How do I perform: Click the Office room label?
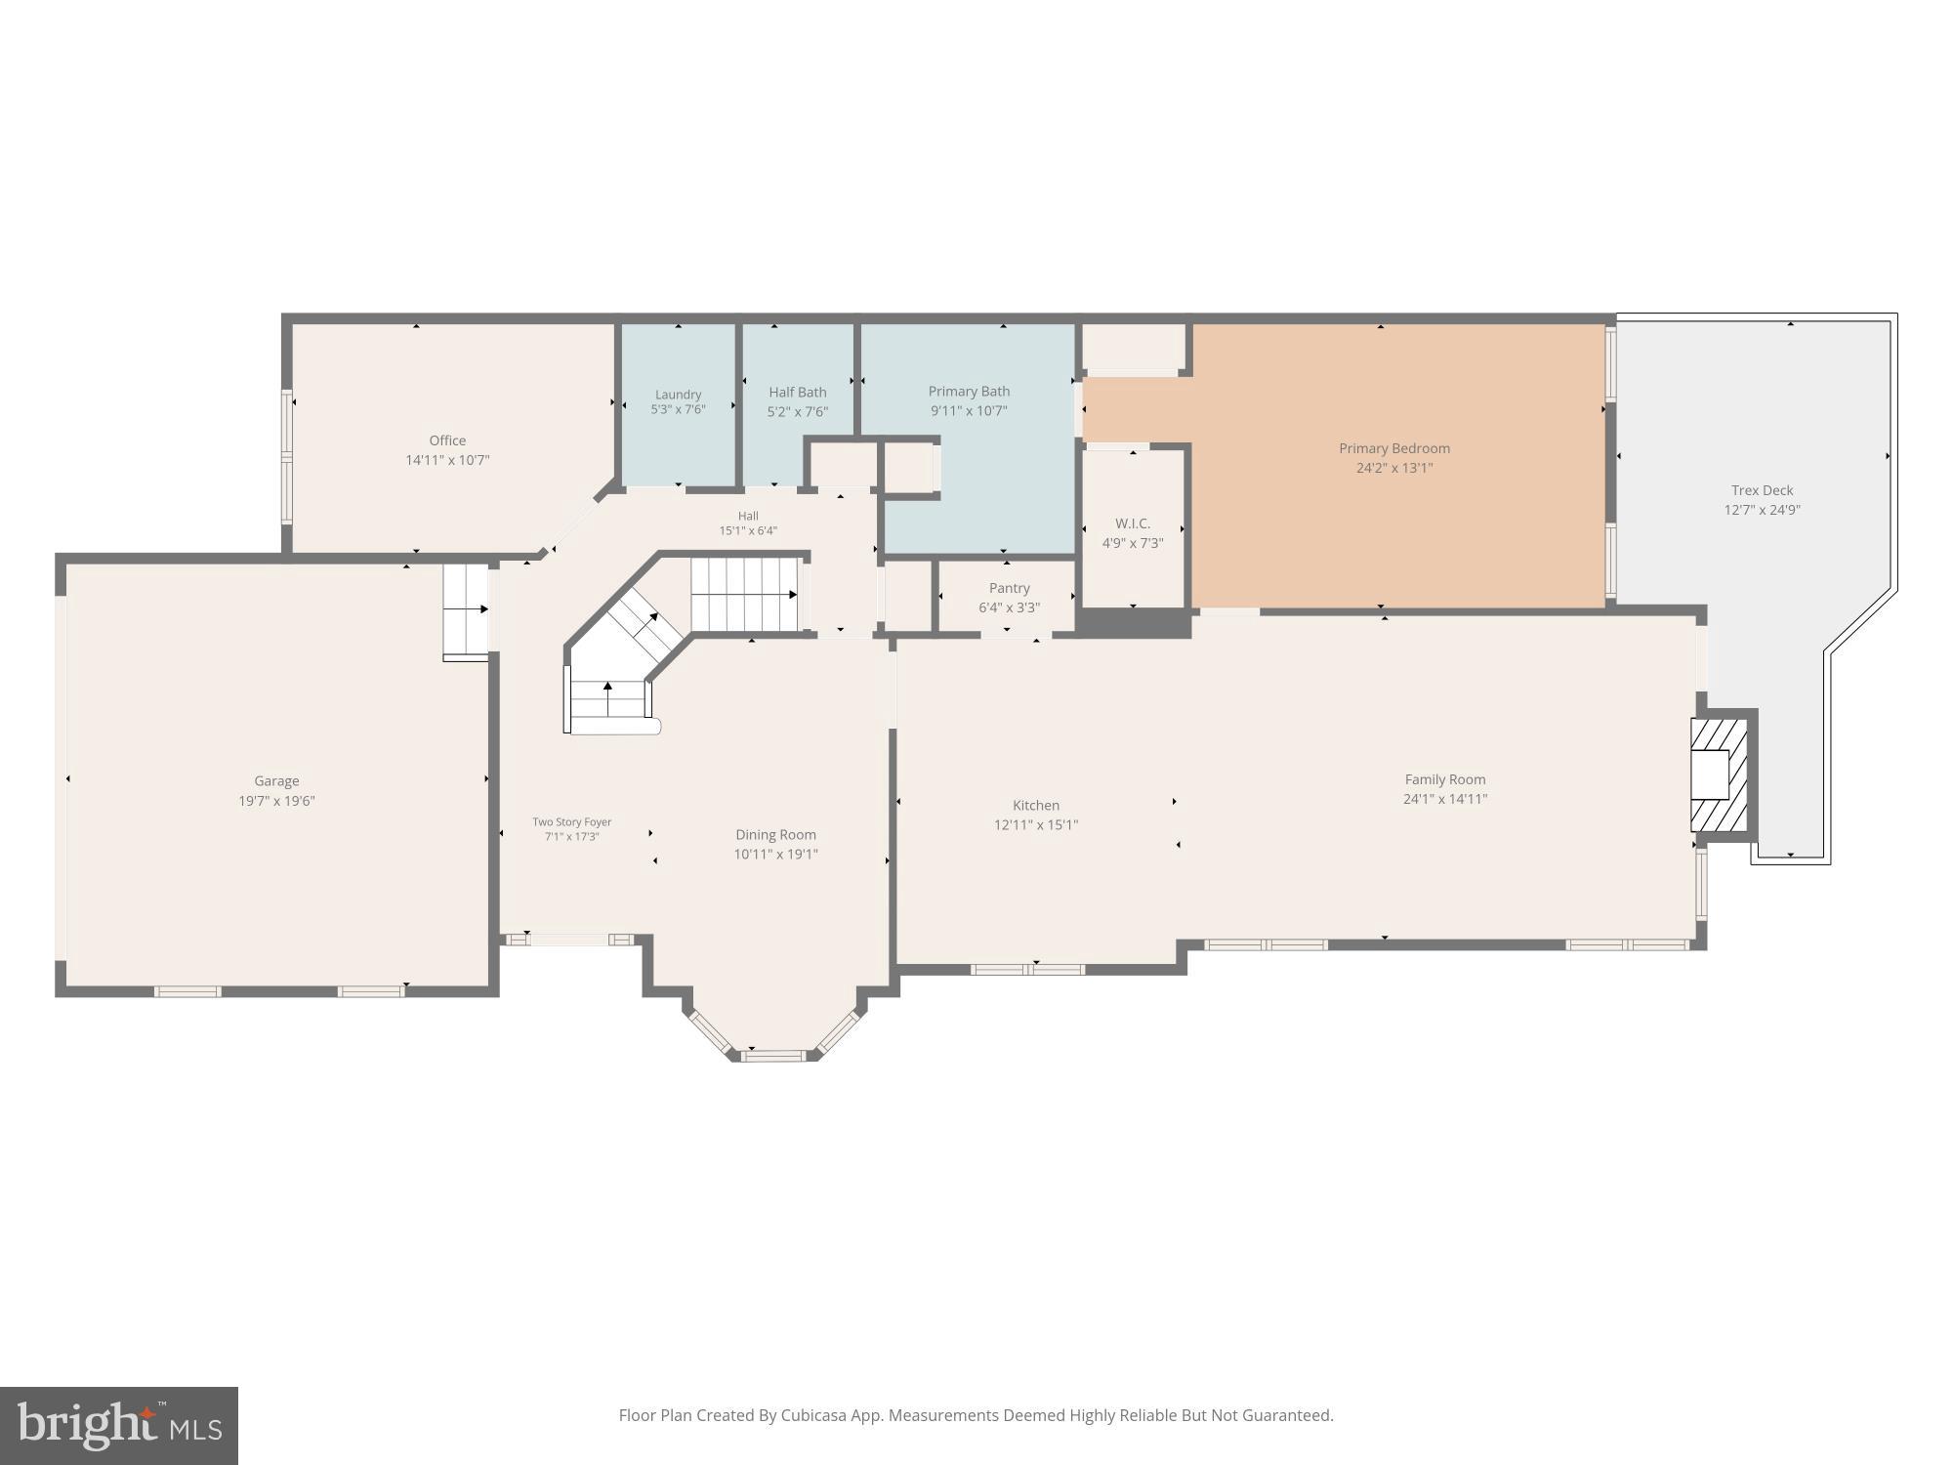[x=447, y=440]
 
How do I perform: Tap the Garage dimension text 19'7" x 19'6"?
[x=276, y=801]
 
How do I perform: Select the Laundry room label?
[x=678, y=395]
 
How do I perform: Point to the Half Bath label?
[x=797, y=392]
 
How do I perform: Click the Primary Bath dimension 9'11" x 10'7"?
[x=969, y=411]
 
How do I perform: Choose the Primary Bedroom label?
[x=1393, y=448]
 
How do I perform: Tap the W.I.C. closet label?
[x=1132, y=523]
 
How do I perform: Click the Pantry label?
[x=1009, y=588]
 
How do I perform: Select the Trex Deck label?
[x=1762, y=490]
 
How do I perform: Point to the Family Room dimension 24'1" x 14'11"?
[x=1444, y=799]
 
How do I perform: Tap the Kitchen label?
[x=1035, y=805]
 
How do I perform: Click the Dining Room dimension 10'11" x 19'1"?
[x=775, y=855]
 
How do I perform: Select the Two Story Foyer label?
[x=571, y=822]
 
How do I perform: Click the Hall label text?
[x=748, y=516]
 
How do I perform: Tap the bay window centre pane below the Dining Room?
[x=774, y=1055]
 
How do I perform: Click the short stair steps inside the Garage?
[x=466, y=610]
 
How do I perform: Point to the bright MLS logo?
[x=119, y=1425]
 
